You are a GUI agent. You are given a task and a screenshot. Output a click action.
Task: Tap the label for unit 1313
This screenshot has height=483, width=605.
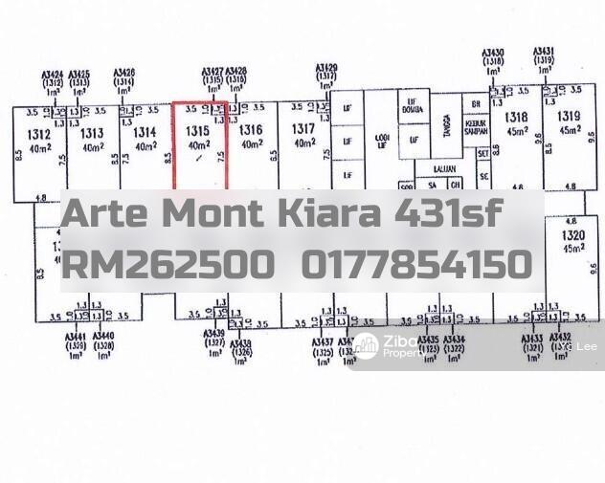92,133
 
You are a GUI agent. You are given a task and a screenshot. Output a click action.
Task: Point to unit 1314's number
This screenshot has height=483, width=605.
145,133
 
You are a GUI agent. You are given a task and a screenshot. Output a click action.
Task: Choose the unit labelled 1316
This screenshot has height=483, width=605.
251,130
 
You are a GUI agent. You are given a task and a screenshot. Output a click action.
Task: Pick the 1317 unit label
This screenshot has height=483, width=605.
304,129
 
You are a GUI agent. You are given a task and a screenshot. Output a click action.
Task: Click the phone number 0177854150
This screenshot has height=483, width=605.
416,264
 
